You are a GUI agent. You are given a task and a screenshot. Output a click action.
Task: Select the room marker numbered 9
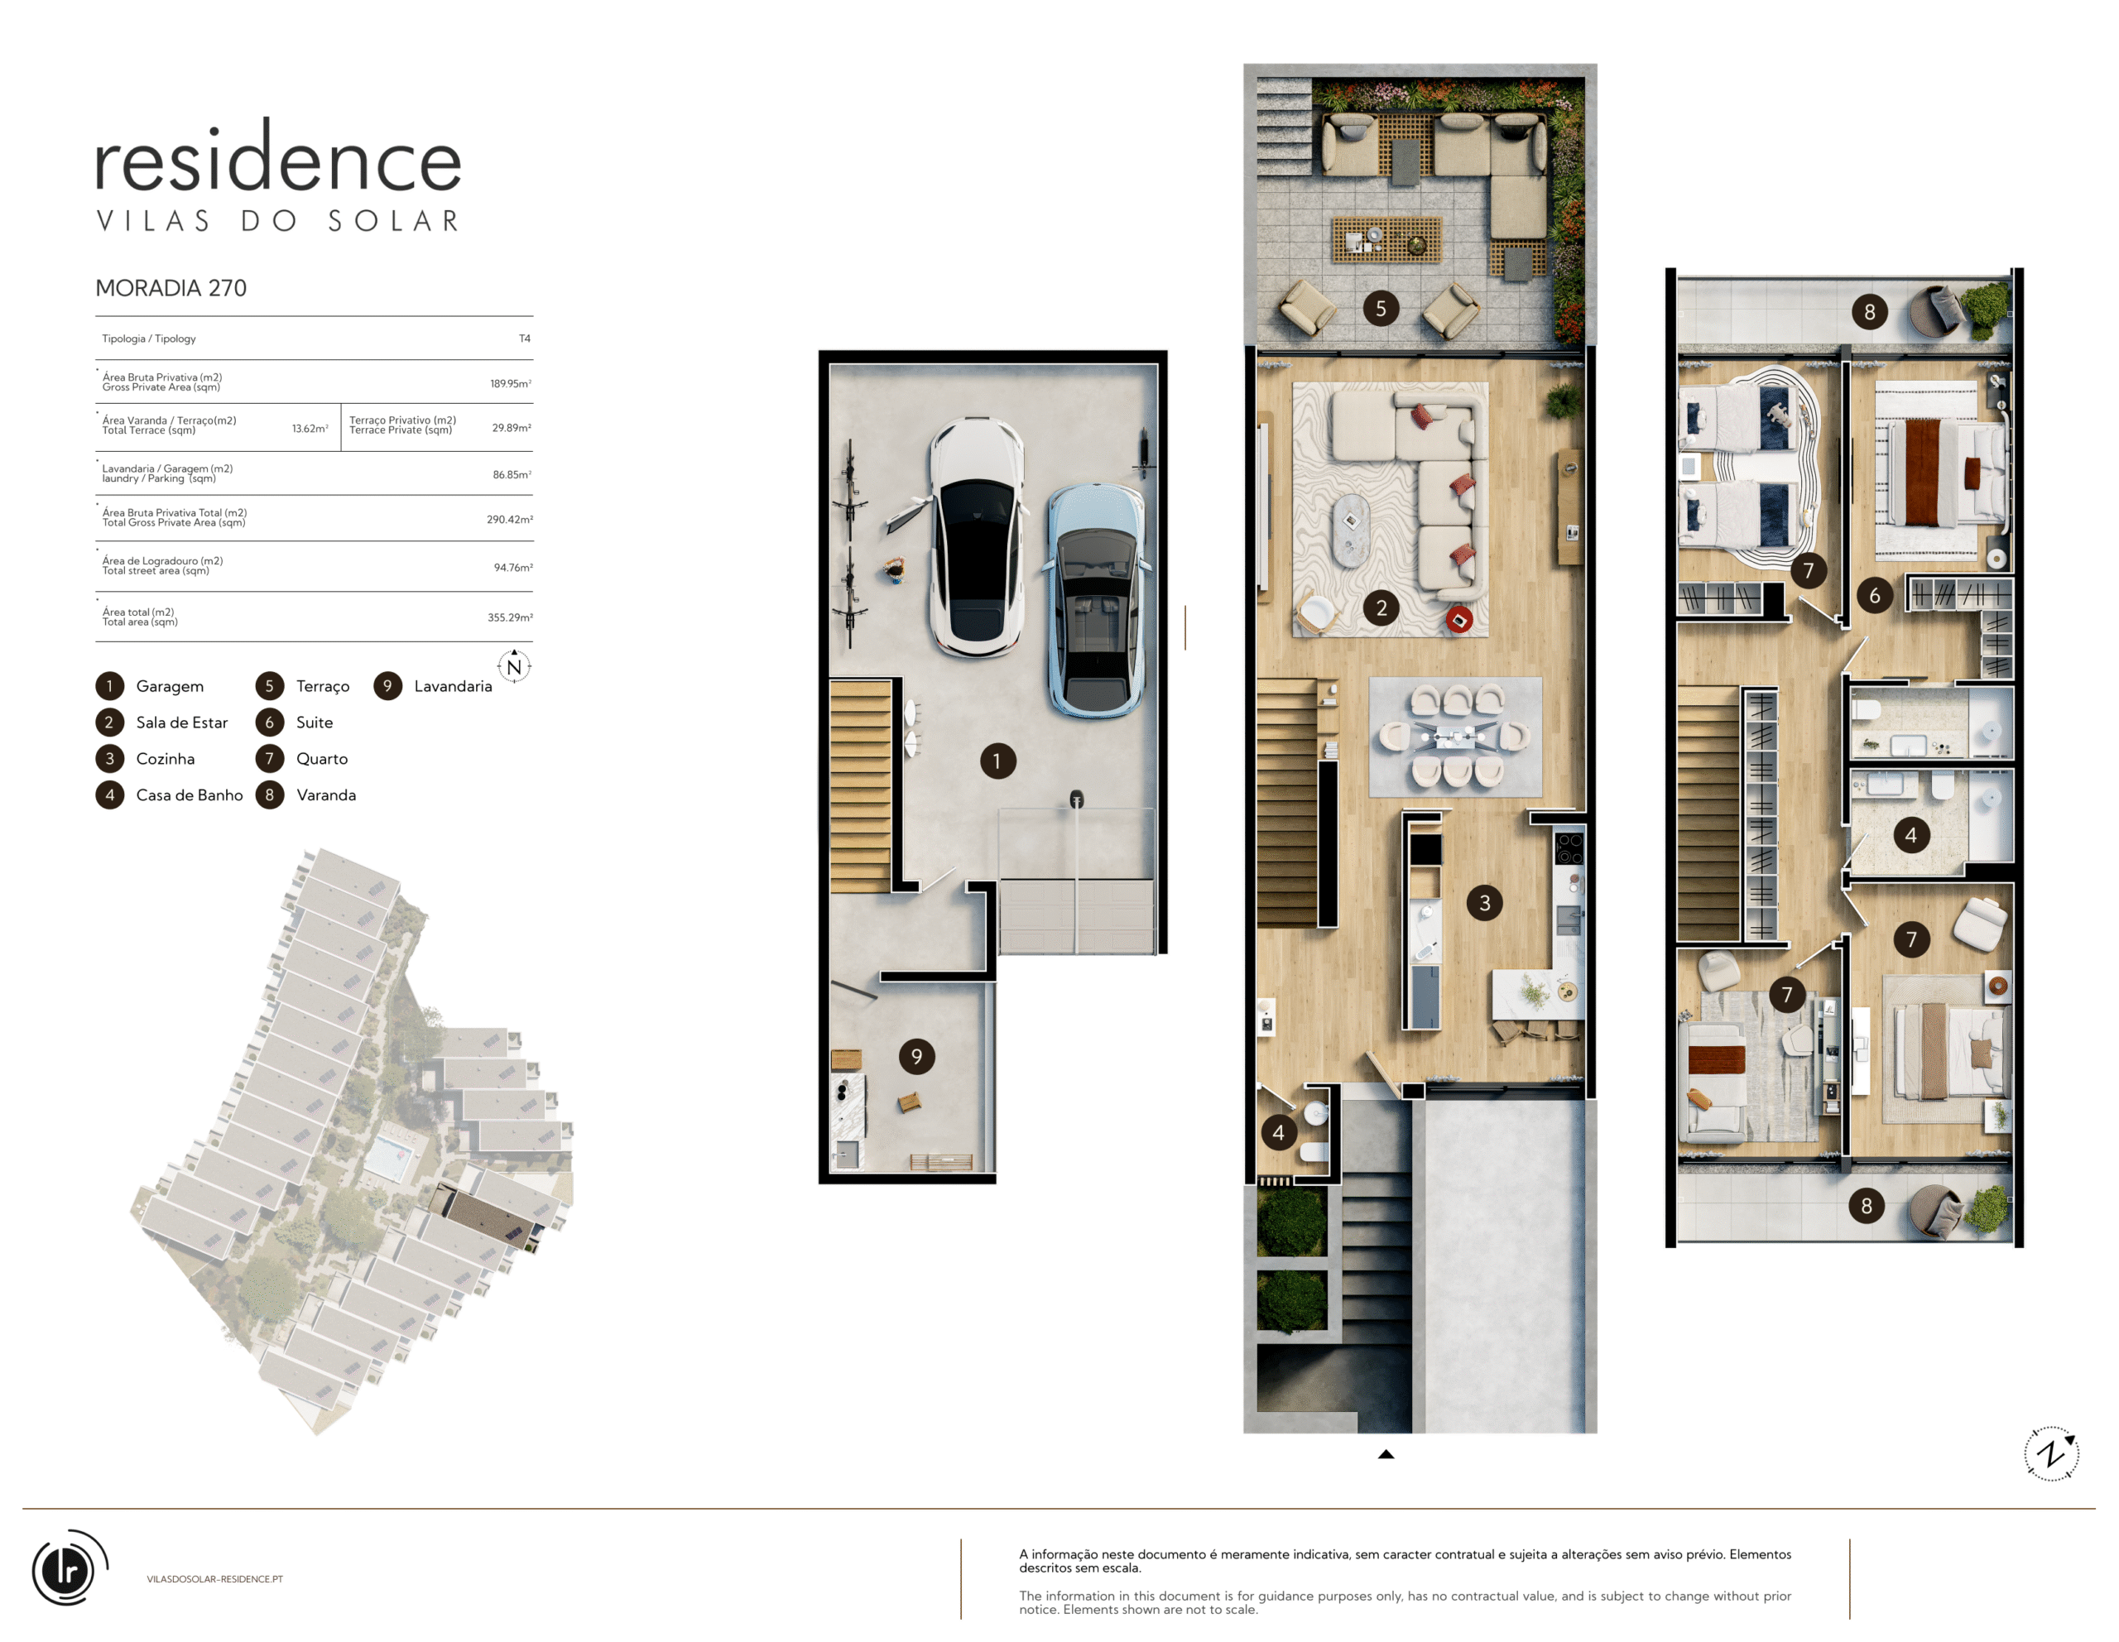pos(917,1056)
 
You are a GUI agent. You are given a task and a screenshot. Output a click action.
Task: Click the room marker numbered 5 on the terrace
pos(1381,309)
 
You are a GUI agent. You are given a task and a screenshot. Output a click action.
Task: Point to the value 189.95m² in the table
pos(511,383)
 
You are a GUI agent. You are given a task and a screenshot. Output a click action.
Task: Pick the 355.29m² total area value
pos(509,617)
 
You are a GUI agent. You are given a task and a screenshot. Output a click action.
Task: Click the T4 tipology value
pos(525,338)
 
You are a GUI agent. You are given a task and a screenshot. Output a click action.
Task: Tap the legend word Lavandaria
pos(453,686)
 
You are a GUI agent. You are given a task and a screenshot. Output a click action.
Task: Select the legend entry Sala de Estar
pos(181,723)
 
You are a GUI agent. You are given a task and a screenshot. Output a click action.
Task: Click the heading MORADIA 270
pos(171,288)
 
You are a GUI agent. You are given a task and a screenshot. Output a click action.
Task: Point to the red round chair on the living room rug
pos(1459,619)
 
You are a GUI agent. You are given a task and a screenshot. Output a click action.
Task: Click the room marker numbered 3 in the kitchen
pos(1484,903)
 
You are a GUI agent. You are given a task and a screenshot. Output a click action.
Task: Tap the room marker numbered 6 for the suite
pos(1875,596)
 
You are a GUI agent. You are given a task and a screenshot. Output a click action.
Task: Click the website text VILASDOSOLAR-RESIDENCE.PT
pos(215,1579)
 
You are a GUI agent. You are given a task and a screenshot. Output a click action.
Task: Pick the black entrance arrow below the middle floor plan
pos(1386,1454)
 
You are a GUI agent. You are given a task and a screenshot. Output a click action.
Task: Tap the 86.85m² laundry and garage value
pos(512,474)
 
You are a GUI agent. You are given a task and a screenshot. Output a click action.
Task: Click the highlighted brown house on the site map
pos(485,1217)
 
